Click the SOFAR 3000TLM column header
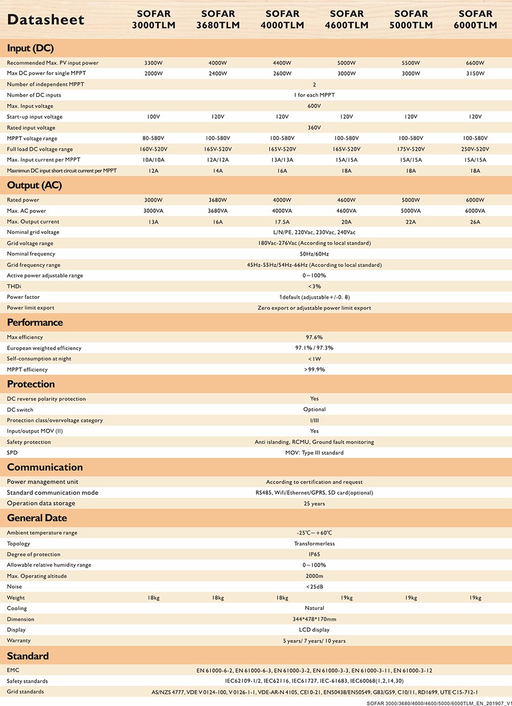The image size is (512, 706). [x=154, y=19]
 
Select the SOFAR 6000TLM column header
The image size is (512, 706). [x=475, y=19]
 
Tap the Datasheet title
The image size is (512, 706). [x=46, y=20]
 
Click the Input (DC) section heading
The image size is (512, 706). [x=30, y=48]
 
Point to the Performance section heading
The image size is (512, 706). [x=35, y=322]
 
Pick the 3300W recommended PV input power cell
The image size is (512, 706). [x=154, y=63]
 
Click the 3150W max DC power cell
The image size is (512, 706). [x=476, y=73]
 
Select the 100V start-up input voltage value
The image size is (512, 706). [x=154, y=117]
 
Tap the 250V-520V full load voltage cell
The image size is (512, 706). [x=476, y=149]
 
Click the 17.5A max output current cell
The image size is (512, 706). [x=282, y=221]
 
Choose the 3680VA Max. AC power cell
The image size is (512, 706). [x=218, y=211]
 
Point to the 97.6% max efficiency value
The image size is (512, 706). [x=314, y=337]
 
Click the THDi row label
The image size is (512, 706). [x=14, y=286]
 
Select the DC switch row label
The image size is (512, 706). [x=20, y=409]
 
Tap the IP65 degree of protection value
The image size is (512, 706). [x=314, y=554]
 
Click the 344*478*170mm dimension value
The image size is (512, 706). [x=314, y=619]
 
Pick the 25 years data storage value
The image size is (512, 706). [x=314, y=503]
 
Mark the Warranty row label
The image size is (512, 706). [x=19, y=641]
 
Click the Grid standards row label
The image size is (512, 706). [x=26, y=692]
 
